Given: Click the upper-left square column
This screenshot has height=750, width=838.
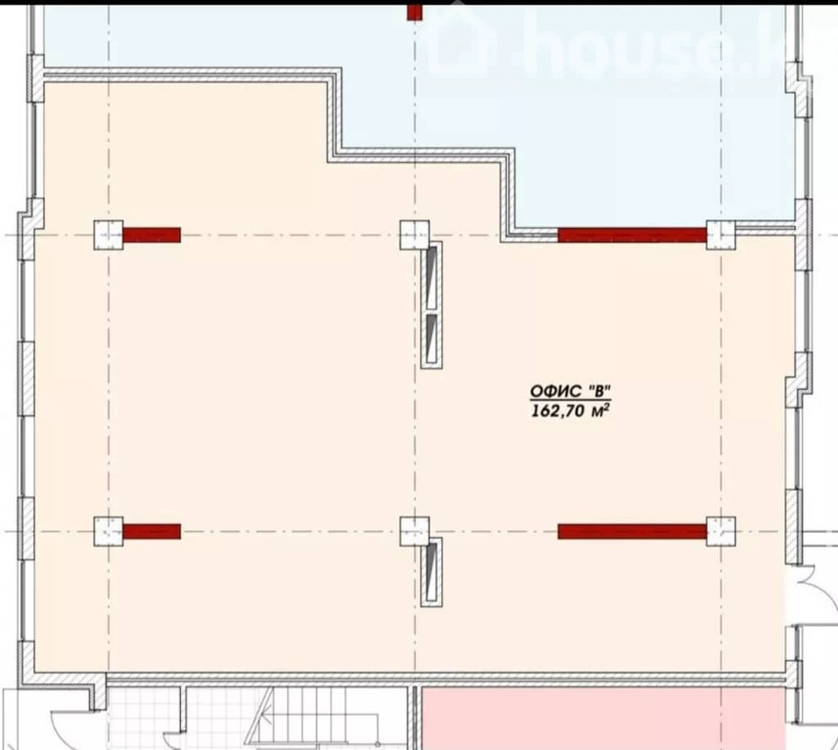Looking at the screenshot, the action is tap(108, 235).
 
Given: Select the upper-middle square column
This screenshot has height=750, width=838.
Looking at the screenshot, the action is tap(414, 235).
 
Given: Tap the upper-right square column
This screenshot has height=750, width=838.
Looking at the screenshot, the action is tap(721, 235).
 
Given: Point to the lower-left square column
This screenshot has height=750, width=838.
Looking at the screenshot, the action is tap(108, 531).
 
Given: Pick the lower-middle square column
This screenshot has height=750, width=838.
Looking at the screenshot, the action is tap(414, 531).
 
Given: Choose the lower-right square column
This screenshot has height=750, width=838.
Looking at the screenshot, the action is tap(721, 531).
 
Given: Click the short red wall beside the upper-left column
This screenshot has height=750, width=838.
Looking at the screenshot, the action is tap(152, 235).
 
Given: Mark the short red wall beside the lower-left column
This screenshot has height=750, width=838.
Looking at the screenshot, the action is tap(152, 532).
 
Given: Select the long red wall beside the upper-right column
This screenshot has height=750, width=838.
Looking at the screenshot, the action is tap(632, 235).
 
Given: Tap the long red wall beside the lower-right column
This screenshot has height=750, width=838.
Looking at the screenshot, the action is tap(632, 532).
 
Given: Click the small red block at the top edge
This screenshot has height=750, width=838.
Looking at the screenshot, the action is tap(414, 12).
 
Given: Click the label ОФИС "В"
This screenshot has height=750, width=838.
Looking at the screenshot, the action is tap(570, 392).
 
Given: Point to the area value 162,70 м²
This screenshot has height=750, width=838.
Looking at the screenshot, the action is tap(570, 411).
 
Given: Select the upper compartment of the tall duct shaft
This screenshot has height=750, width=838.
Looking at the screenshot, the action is tap(432, 278).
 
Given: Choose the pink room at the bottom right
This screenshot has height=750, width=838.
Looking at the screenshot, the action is tap(604, 718).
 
